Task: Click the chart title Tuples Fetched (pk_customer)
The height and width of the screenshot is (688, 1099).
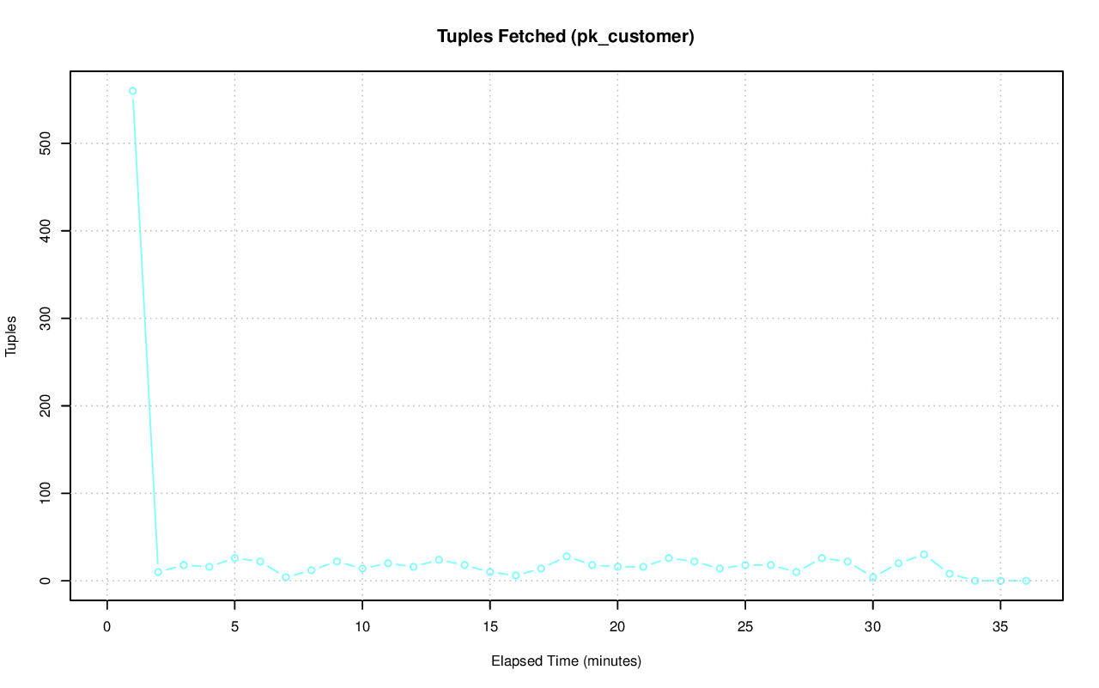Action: (565, 36)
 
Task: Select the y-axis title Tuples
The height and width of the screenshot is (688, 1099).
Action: (12, 336)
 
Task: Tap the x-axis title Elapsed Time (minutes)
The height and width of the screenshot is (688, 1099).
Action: (566, 661)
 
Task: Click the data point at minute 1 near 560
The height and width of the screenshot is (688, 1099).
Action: (132, 91)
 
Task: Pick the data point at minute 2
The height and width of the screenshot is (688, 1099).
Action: (158, 572)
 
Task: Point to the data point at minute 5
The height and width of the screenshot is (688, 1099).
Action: (234, 558)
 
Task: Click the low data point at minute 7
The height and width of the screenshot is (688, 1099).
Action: (286, 577)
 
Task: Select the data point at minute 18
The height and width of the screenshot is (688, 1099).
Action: (567, 557)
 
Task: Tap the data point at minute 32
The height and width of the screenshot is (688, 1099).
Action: (924, 555)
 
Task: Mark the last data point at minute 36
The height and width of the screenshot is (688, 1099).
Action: (1026, 581)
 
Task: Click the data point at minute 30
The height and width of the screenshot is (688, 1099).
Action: (873, 577)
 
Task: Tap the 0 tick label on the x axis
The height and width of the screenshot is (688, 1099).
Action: (107, 626)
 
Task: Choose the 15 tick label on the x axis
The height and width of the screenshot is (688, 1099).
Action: (489, 626)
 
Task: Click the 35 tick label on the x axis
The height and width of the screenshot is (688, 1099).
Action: (1000, 626)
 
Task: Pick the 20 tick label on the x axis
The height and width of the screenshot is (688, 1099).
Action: (617, 626)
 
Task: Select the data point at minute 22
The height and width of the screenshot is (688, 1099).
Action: (669, 558)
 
